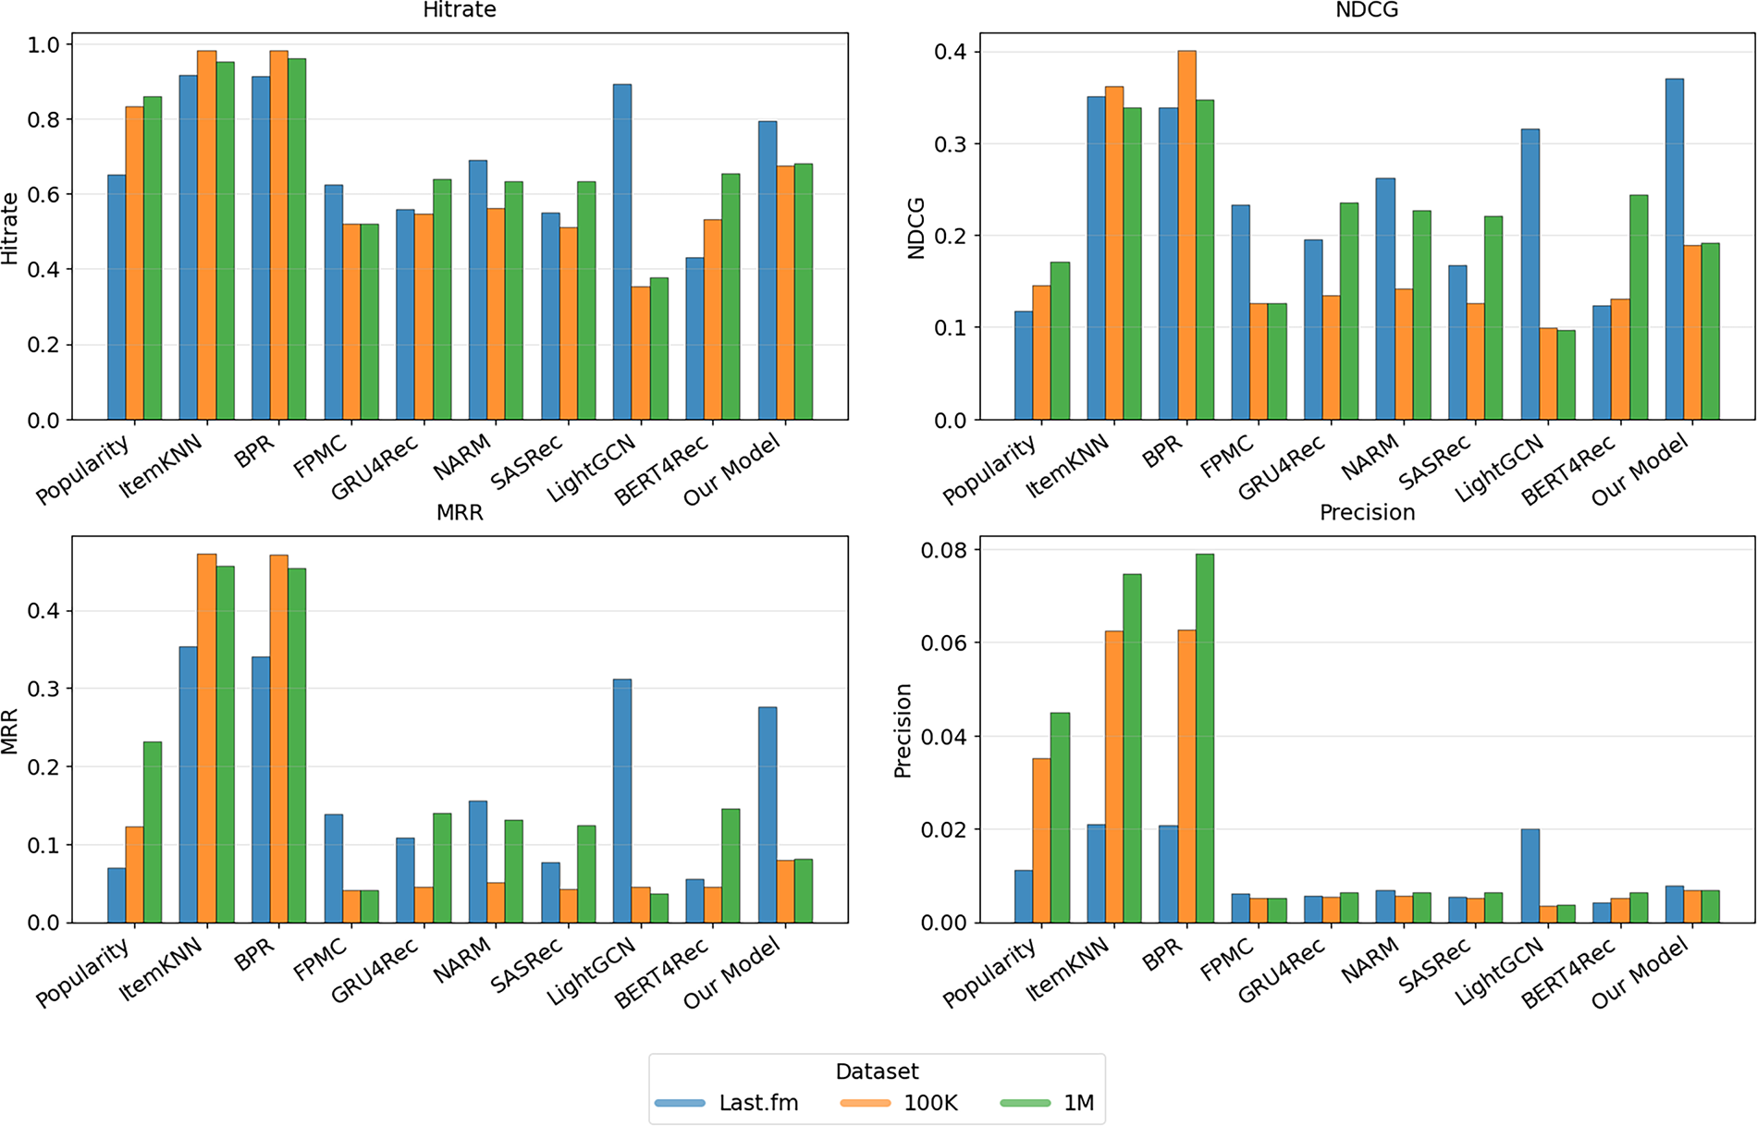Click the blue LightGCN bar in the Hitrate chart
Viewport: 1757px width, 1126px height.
[x=622, y=251]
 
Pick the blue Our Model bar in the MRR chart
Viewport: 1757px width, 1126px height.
[x=768, y=814]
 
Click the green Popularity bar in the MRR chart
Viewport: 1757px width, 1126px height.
[x=153, y=832]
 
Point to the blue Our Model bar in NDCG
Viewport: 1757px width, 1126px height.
[x=1675, y=249]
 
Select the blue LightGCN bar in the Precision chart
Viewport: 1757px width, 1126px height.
[x=1530, y=875]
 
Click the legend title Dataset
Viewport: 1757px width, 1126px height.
[x=877, y=1071]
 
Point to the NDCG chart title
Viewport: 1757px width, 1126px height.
[x=1367, y=10]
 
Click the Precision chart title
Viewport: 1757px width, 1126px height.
[x=1367, y=512]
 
